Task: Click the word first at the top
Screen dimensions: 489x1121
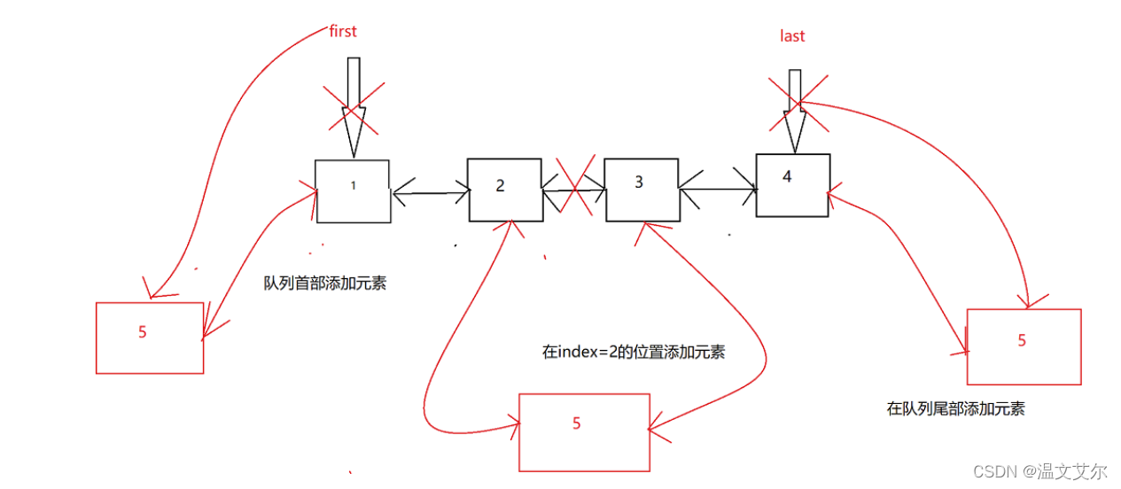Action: (x=342, y=31)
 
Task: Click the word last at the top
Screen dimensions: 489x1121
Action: (x=792, y=35)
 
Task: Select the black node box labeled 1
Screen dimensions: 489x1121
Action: (x=353, y=191)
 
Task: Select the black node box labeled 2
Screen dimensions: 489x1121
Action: (x=504, y=190)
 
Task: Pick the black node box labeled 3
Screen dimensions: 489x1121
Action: (x=641, y=190)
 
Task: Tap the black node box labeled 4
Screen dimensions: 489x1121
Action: (x=792, y=185)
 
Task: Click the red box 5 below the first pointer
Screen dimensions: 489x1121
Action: (x=149, y=338)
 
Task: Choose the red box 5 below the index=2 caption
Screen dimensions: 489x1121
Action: (x=584, y=432)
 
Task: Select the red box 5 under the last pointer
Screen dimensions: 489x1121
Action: (x=1024, y=346)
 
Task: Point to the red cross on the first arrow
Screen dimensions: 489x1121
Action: (x=354, y=110)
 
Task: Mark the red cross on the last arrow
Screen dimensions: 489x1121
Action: (x=797, y=105)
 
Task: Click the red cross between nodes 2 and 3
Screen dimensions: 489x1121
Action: (x=573, y=188)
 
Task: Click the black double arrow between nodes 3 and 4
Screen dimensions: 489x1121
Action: (x=717, y=187)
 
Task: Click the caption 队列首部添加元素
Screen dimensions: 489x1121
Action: (x=324, y=284)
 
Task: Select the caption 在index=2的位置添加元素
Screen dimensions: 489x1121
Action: (x=633, y=352)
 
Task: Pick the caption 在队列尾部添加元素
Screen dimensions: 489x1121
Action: (x=955, y=408)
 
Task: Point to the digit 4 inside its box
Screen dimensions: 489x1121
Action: (x=787, y=176)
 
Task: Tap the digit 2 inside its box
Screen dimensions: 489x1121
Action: (x=500, y=185)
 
